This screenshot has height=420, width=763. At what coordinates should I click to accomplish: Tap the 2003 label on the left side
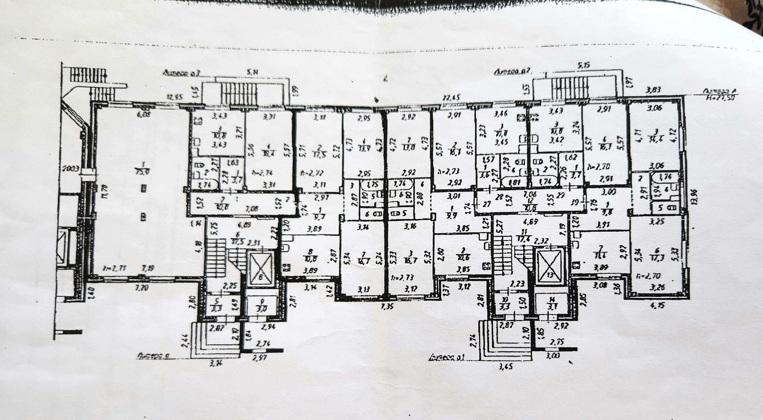pos(72,168)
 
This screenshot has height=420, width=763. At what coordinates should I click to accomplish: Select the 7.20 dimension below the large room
pos(142,287)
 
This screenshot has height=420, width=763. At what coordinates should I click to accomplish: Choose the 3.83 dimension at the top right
pos(654,90)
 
